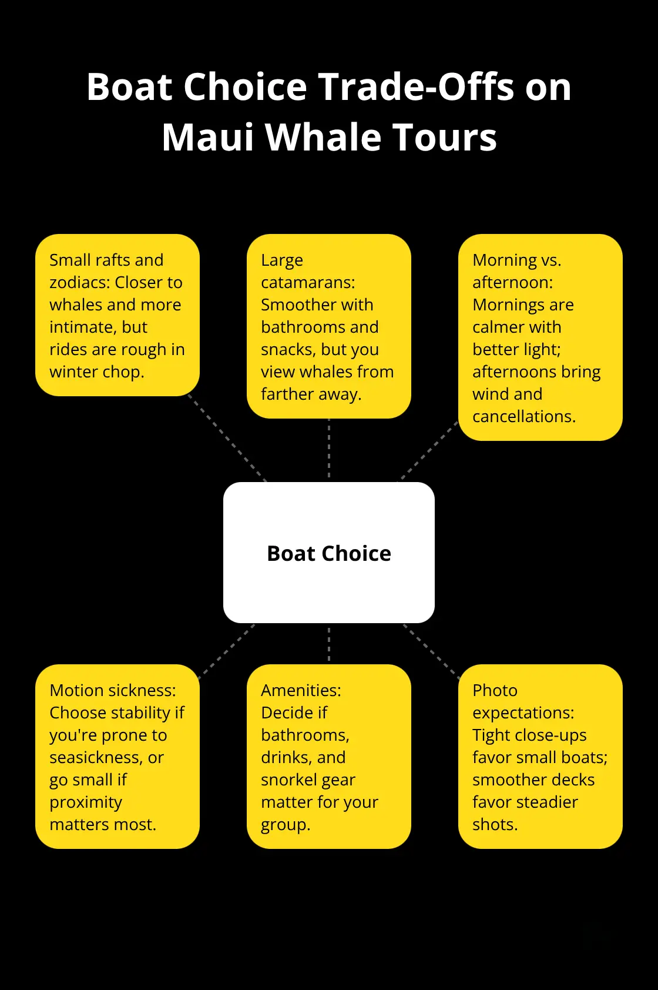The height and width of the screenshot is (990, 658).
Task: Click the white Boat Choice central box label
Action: coord(329,553)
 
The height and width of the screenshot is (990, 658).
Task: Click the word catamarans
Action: coord(308,282)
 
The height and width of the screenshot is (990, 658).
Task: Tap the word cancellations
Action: coord(524,416)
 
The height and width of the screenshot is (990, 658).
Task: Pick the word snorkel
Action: coord(289,780)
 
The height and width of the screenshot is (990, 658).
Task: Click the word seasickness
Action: coord(96,758)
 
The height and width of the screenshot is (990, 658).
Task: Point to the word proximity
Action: coord(86,802)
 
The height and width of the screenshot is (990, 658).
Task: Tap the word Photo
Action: coord(495,690)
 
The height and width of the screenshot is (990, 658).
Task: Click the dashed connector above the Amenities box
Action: coord(329,643)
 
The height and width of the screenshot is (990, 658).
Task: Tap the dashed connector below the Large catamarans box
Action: coord(329,450)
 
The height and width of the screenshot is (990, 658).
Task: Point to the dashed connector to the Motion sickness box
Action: coord(227,651)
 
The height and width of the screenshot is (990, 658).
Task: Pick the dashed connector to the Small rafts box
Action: coord(227,438)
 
